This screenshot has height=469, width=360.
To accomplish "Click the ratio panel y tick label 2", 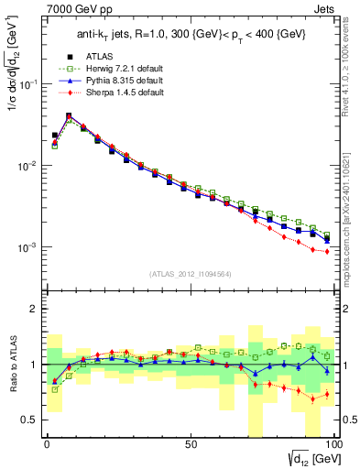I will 35,309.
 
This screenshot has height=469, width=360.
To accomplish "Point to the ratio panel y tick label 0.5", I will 30,420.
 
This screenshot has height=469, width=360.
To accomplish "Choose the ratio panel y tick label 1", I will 35,365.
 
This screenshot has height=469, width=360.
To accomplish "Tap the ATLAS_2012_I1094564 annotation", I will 191,273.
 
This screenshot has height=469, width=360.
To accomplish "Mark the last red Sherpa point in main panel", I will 327,252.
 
